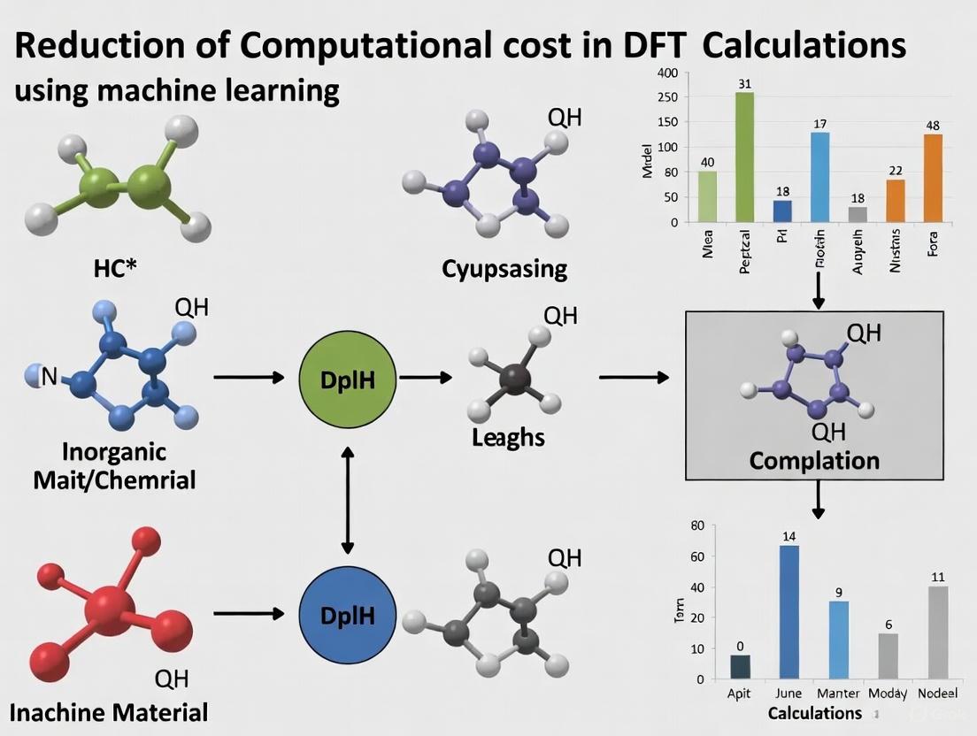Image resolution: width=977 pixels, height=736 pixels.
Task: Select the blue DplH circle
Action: pyautogui.click(x=348, y=612)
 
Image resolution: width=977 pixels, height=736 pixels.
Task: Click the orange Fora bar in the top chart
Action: pyautogui.click(x=932, y=178)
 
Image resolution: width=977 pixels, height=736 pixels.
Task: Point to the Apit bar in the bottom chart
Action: pyautogui.click(x=740, y=667)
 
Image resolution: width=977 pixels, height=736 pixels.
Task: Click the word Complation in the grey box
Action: pyautogui.click(x=813, y=461)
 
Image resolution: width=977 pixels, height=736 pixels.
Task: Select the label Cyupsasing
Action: pyautogui.click(x=504, y=268)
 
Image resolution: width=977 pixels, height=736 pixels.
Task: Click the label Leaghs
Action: pyautogui.click(x=508, y=437)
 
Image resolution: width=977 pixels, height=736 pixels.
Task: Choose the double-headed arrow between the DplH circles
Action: pyautogui.click(x=348, y=500)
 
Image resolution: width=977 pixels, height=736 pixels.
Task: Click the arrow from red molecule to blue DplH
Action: pyautogui.click(x=248, y=612)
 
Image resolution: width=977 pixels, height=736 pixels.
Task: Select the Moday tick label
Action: pyautogui.click(x=888, y=694)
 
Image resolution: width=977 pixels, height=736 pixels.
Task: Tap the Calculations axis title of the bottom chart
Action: pyautogui.click(x=814, y=713)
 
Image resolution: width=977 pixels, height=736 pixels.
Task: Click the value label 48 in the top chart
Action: pyautogui.click(x=933, y=125)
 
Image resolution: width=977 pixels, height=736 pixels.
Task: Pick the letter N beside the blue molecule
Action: pyautogui.click(x=49, y=377)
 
